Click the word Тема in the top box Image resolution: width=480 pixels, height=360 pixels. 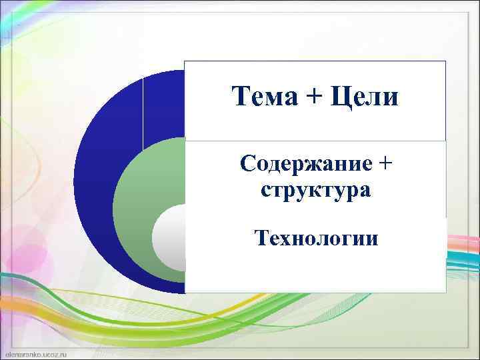[x=261, y=97]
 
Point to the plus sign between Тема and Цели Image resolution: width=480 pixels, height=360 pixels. [x=312, y=98]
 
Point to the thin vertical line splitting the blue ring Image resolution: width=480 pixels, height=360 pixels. [x=143, y=110]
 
